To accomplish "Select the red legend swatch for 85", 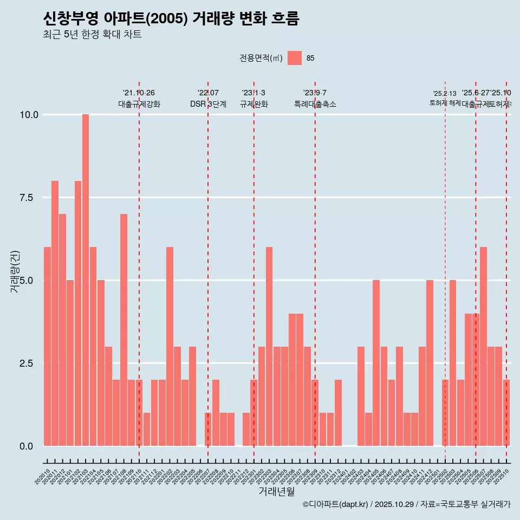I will [x=295, y=58].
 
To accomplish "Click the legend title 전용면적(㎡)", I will [x=261, y=58].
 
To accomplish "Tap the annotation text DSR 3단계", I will [x=208, y=104].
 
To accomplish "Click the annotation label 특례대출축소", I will [x=315, y=104].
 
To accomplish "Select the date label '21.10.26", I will [x=139, y=93].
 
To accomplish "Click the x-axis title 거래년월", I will [x=277, y=492].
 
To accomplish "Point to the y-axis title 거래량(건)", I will [x=15, y=271].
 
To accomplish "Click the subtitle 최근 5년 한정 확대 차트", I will [x=92, y=35].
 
